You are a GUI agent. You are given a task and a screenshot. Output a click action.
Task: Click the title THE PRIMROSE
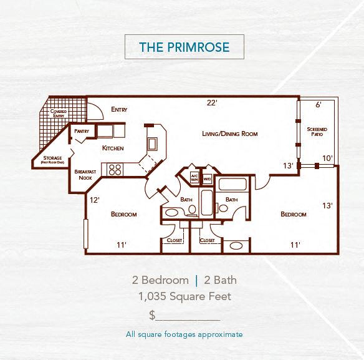pyautogui.click(x=184, y=47)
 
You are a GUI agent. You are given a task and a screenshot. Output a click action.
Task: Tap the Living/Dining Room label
pyautogui.click(x=229, y=134)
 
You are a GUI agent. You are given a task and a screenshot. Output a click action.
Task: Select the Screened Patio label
pyautogui.click(x=317, y=132)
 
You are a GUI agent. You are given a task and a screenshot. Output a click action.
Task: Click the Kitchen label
pyautogui.click(x=113, y=148)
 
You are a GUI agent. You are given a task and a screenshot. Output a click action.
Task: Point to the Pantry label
pyautogui.click(x=82, y=131)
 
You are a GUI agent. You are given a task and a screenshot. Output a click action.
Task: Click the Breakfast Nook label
pyautogui.click(x=84, y=174)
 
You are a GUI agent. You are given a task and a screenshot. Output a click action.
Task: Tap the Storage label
pyautogui.click(x=52, y=160)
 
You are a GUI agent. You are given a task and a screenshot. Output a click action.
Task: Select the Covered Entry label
pyautogui.click(x=59, y=114)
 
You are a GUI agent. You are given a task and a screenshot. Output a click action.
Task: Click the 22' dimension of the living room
pyautogui.click(x=212, y=103)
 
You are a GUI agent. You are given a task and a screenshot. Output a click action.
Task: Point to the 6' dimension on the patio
pyautogui.click(x=318, y=105)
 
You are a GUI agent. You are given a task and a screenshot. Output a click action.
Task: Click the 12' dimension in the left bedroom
pyautogui.click(x=95, y=200)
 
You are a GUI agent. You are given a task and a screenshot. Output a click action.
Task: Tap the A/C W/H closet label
pyautogui.click(x=194, y=178)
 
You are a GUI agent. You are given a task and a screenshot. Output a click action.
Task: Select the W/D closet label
pyautogui.click(x=206, y=178)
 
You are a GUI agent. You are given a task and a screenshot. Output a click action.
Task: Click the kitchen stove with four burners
pyautogui.click(x=115, y=168)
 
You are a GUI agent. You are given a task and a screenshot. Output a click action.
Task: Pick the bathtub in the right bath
pyautogui.click(x=232, y=185)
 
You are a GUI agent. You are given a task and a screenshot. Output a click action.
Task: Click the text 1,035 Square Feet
pyautogui.click(x=184, y=296)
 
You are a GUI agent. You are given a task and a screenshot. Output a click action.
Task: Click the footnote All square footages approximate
pyautogui.click(x=184, y=334)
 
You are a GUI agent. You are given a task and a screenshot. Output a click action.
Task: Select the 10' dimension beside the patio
pyautogui.click(x=327, y=158)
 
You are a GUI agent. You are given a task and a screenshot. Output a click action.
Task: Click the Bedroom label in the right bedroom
pyautogui.click(x=293, y=214)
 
